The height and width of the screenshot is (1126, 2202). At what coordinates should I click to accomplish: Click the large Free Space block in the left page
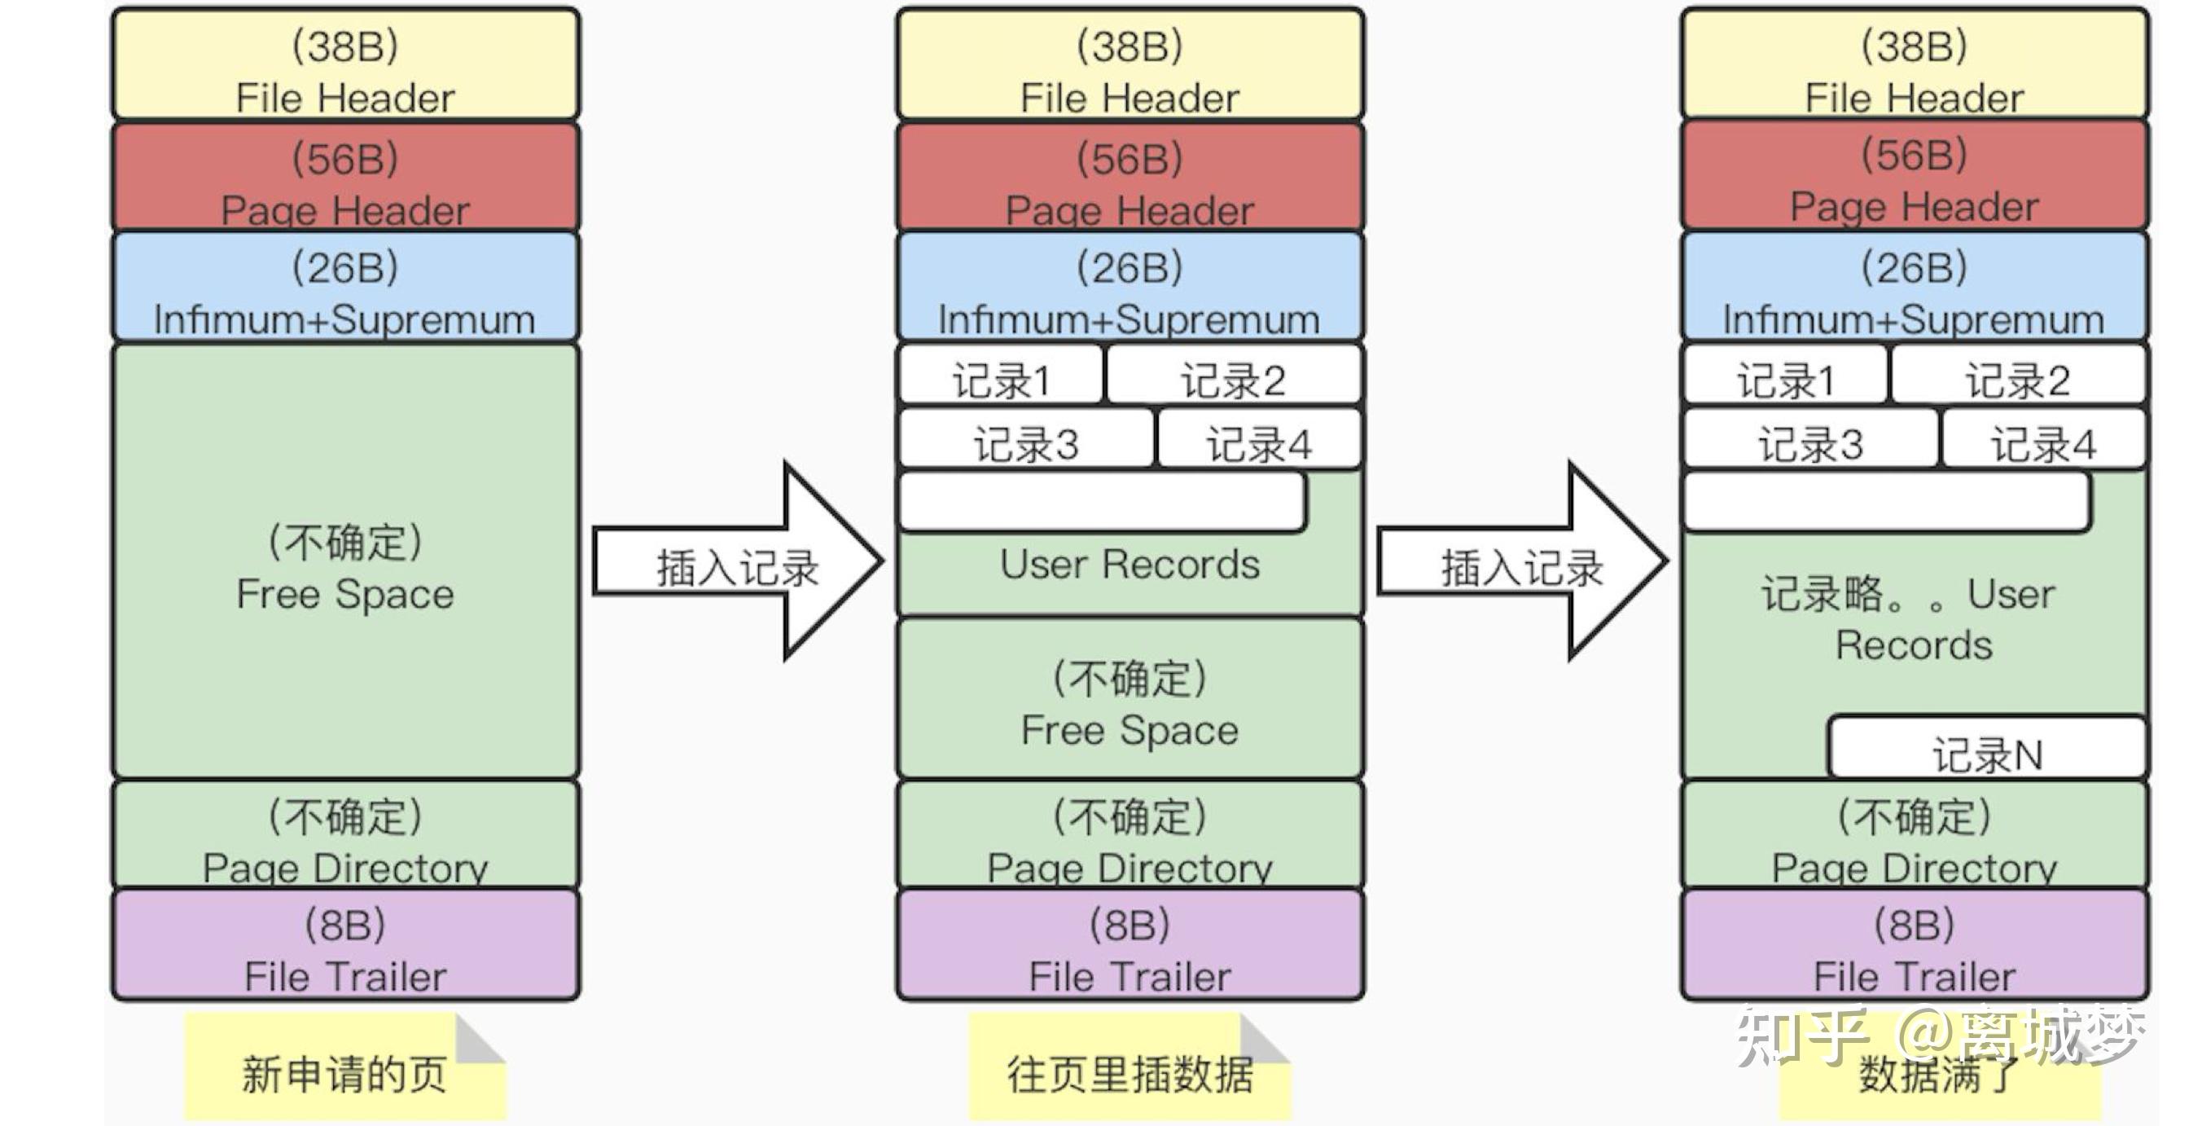tap(345, 565)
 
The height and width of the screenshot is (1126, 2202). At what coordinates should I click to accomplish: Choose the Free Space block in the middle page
tap(1130, 701)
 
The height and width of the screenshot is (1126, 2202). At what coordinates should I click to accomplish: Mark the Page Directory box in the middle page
tap(1130, 836)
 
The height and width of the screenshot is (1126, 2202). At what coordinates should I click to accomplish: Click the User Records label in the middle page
tap(1130, 565)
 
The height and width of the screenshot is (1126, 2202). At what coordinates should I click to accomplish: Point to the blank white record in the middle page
tap(1101, 503)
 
